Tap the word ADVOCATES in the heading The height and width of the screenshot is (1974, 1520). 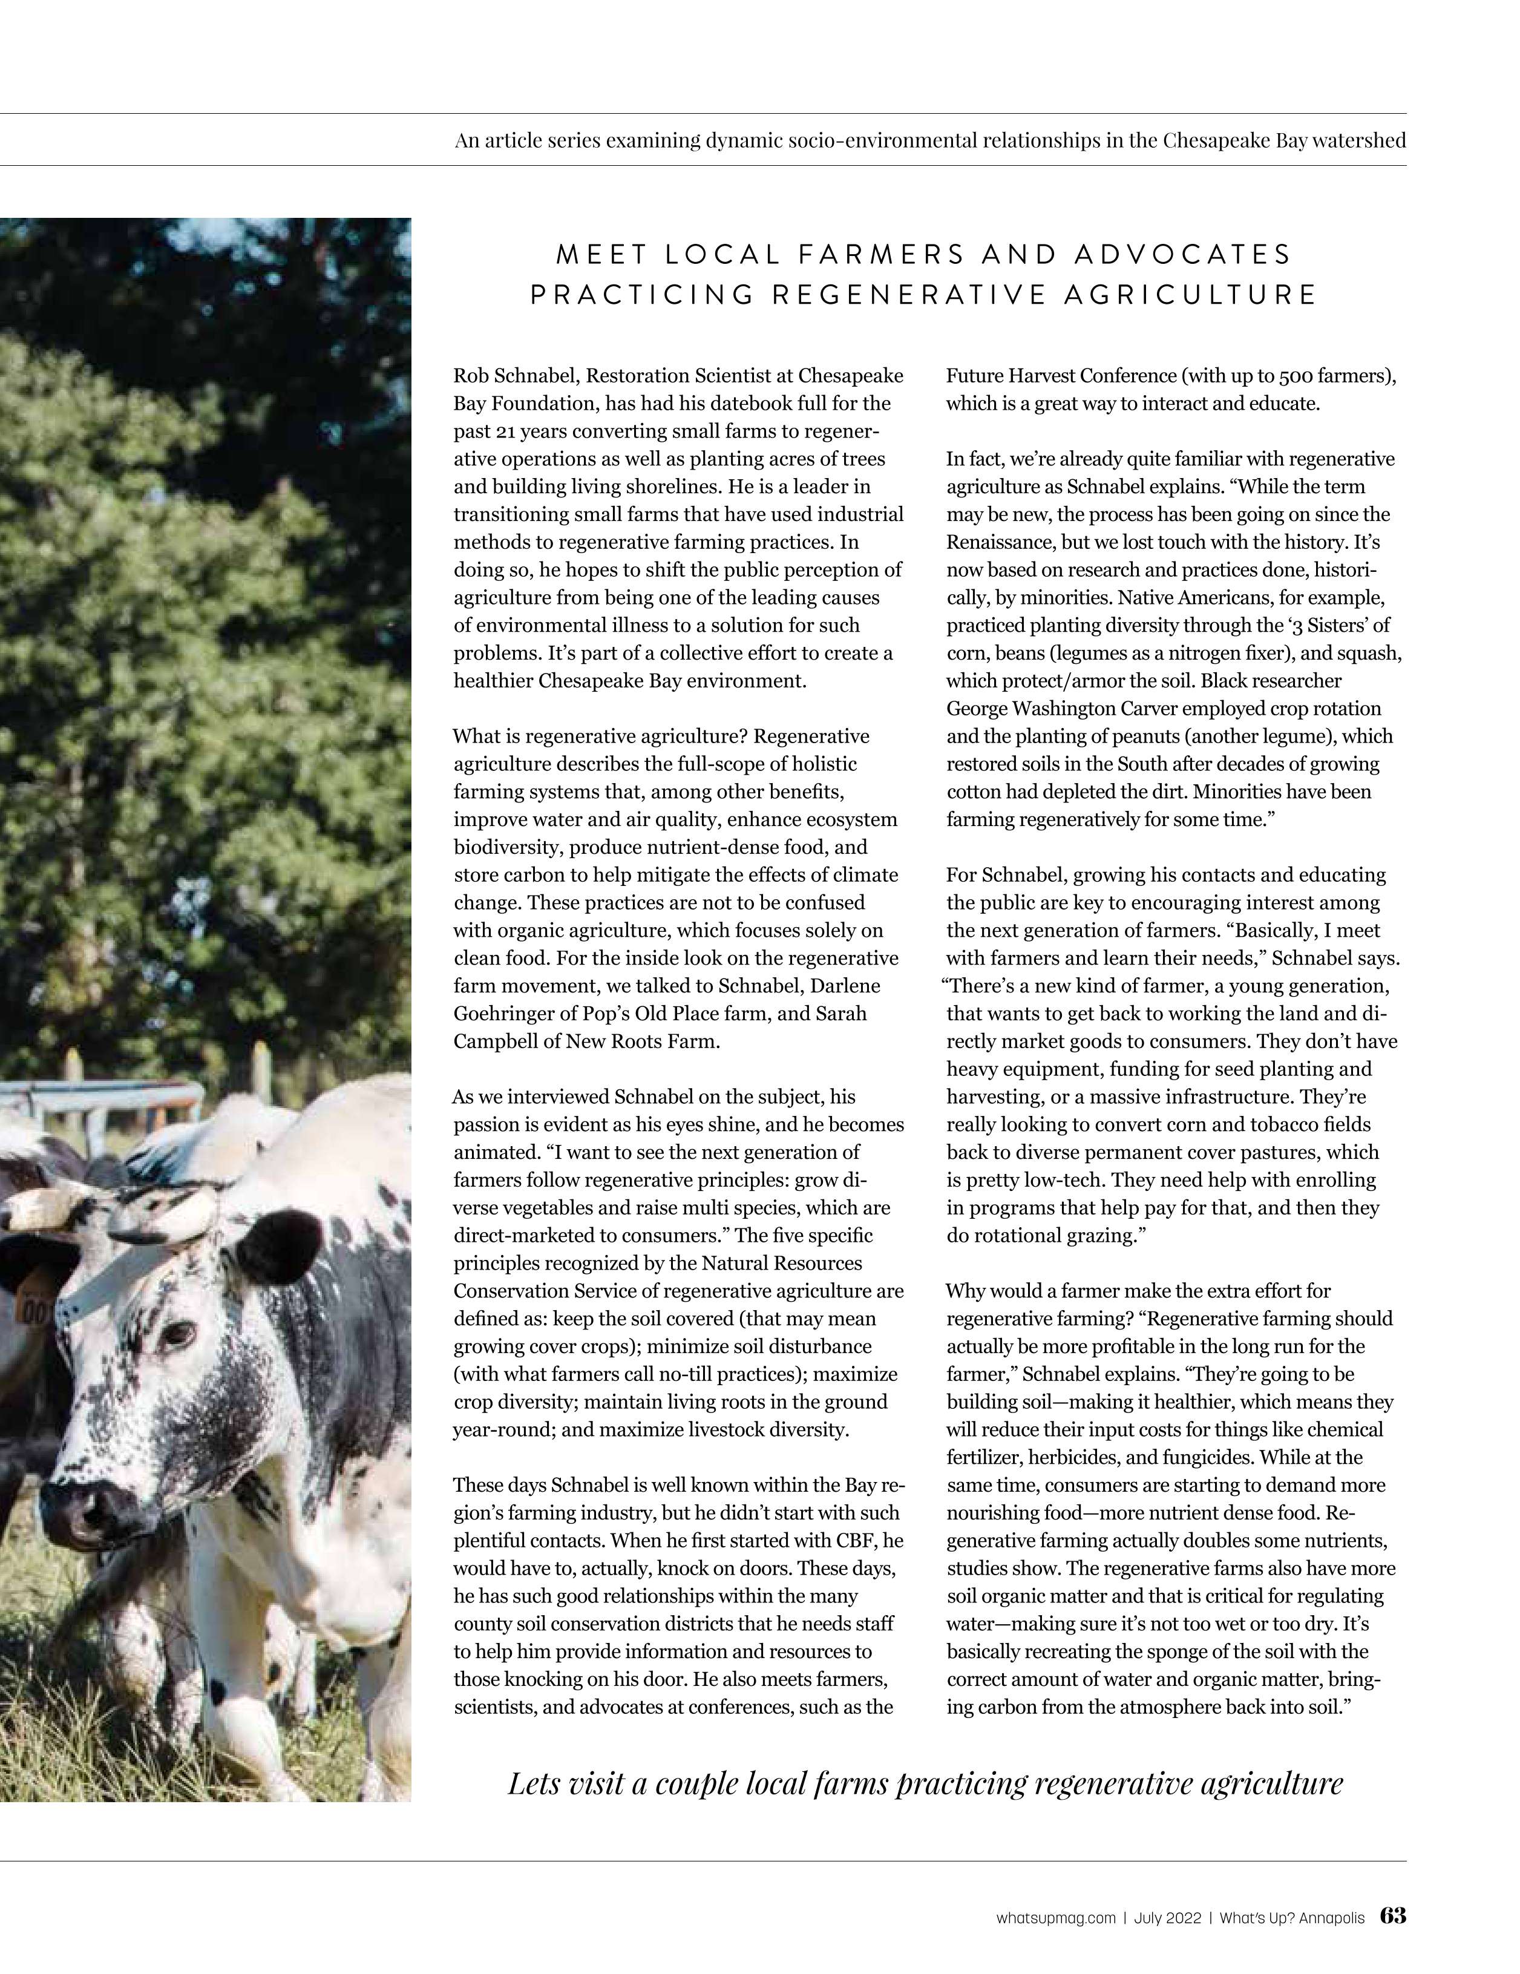1183,255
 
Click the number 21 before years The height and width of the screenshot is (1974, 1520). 502,431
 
